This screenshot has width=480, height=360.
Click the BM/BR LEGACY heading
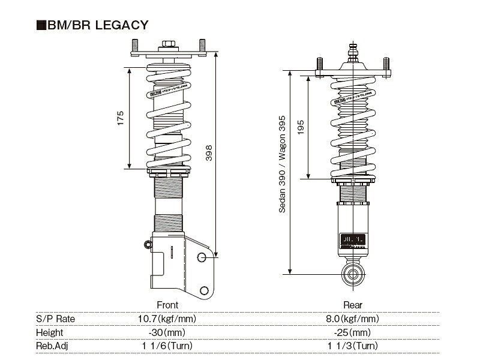click(x=96, y=25)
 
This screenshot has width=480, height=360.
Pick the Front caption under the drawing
click(x=167, y=305)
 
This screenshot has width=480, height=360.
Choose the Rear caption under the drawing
click(x=353, y=305)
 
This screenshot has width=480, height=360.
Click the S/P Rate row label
click(x=55, y=319)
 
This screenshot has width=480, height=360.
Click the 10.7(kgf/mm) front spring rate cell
click(x=167, y=319)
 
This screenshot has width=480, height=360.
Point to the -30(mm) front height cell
click(x=167, y=332)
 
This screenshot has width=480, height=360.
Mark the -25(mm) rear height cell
click(x=353, y=332)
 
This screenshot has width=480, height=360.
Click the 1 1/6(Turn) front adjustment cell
click(x=167, y=346)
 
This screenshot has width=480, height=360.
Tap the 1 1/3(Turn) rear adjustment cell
click(x=353, y=346)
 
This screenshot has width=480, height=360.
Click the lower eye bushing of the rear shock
click(x=353, y=274)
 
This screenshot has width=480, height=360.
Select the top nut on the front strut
click(x=167, y=45)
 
